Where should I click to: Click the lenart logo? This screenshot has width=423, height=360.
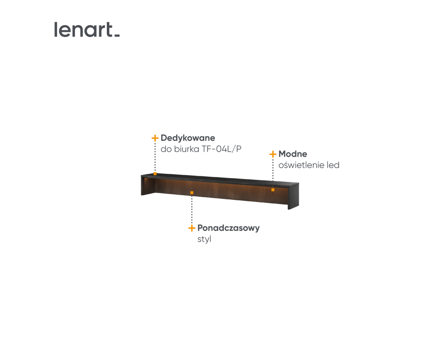coord(87,30)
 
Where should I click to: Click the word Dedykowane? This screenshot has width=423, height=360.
coord(188,138)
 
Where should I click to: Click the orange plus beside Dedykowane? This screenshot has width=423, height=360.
coord(155,138)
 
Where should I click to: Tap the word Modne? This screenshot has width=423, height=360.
coord(293,154)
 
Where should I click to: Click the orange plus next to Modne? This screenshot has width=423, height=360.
coord(273,154)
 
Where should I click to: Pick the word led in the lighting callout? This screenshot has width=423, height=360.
coord(333,165)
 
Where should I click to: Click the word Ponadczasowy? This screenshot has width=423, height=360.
coord(229,228)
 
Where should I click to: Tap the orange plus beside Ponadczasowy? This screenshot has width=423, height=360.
coord(192,228)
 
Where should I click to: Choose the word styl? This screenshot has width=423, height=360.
coord(204,239)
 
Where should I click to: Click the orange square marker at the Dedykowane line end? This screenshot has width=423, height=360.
coord(155,173)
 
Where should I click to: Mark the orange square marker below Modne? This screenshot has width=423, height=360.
coord(273,190)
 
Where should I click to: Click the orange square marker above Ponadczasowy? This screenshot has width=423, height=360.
coord(192,193)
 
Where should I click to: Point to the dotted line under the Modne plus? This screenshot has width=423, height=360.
coord(273,173)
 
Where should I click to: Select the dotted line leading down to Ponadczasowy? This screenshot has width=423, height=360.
coord(192,209)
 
